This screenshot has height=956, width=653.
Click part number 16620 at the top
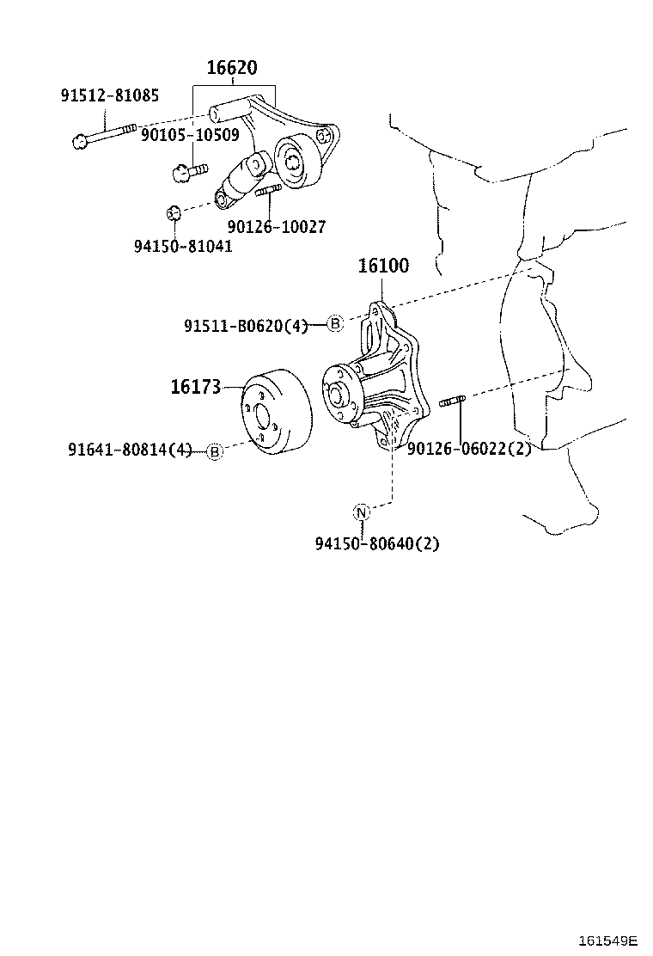click(232, 68)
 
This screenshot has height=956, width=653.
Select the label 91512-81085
click(109, 95)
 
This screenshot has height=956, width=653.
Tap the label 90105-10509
click(190, 134)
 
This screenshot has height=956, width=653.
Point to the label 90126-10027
click(277, 226)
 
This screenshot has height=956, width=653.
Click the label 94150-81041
click(183, 246)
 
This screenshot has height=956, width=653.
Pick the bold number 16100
click(383, 267)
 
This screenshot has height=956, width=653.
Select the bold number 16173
click(197, 388)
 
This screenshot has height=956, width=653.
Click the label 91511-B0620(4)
click(246, 325)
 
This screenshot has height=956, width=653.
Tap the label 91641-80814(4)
click(131, 449)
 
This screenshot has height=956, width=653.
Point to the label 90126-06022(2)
click(469, 449)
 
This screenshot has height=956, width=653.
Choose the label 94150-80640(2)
click(377, 543)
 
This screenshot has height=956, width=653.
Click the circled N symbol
click(361, 512)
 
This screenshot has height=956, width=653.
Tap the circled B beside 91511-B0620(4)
click(335, 323)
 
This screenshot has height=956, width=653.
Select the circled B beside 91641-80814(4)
click(215, 450)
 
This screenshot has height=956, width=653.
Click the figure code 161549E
click(608, 938)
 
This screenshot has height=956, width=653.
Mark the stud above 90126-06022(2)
click(453, 400)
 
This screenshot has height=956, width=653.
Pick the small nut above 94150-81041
click(173, 212)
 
